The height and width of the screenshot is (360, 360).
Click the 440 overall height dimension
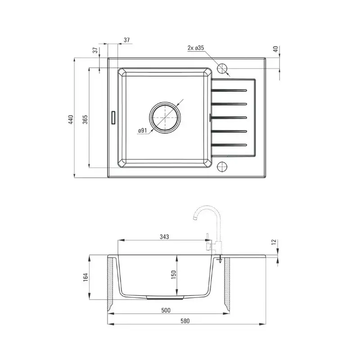tap(71, 120)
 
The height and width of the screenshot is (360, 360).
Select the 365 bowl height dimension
tap(85, 119)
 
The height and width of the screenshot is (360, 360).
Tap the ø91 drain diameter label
tap(142, 130)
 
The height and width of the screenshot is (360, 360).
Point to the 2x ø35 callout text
tap(196, 48)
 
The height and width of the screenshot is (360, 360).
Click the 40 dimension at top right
tap(276, 49)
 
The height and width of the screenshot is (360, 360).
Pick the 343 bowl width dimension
tap(164, 237)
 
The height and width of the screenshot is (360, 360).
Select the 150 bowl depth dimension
tap(174, 274)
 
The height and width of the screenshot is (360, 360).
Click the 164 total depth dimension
tap(85, 277)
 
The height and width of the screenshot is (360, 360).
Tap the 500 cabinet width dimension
tap(166, 310)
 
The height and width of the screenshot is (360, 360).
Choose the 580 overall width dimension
tap(185, 321)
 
